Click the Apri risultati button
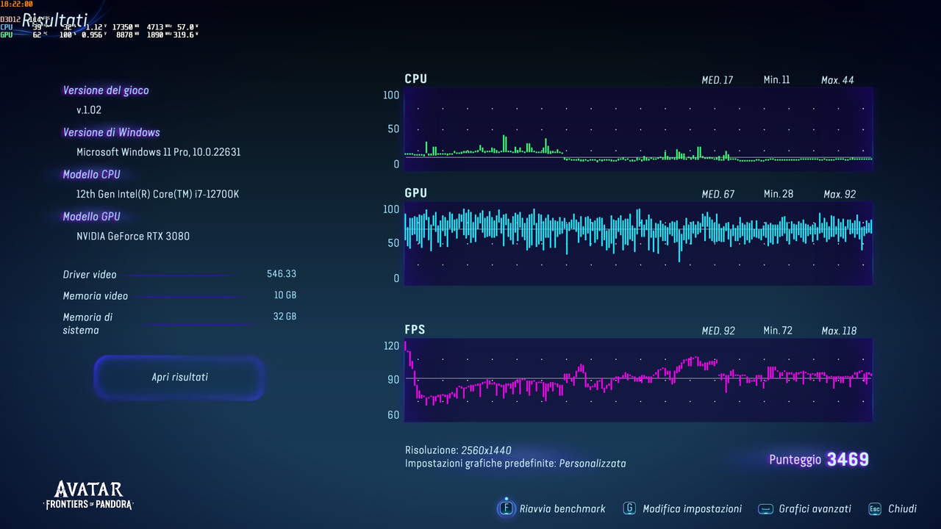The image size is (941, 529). [179, 377]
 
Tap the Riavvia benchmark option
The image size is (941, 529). [562, 508]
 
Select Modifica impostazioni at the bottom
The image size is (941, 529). [691, 508]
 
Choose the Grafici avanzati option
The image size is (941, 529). [815, 508]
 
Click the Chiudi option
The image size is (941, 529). [901, 508]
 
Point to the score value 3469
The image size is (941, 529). [848, 460]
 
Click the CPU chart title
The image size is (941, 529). [415, 79]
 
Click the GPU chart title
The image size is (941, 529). [415, 193]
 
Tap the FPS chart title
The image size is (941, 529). [415, 330]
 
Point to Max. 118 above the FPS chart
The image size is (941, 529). [839, 331]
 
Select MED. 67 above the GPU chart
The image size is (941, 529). [718, 194]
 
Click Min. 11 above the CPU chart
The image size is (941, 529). [776, 79]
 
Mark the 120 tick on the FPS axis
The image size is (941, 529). [391, 345]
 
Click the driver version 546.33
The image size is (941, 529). [282, 274]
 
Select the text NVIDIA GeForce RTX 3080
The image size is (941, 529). [133, 236]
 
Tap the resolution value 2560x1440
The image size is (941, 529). [486, 450]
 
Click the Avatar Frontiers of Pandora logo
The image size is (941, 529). [89, 495]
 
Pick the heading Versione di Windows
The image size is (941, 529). [111, 132]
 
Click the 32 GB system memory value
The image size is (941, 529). [285, 317]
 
